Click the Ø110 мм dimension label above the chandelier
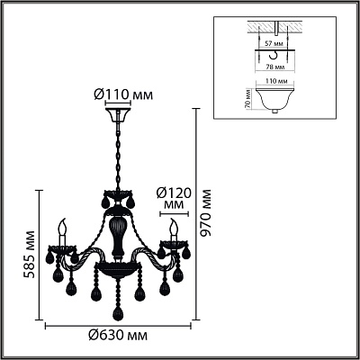click(x=123, y=94)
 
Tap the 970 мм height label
click(x=205, y=212)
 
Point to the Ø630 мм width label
click(x=118, y=335)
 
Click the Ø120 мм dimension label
click(x=174, y=199)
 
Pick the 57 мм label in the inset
click(x=273, y=44)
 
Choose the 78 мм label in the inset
click(x=273, y=67)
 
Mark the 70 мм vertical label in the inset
click(x=247, y=100)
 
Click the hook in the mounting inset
click(x=274, y=55)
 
